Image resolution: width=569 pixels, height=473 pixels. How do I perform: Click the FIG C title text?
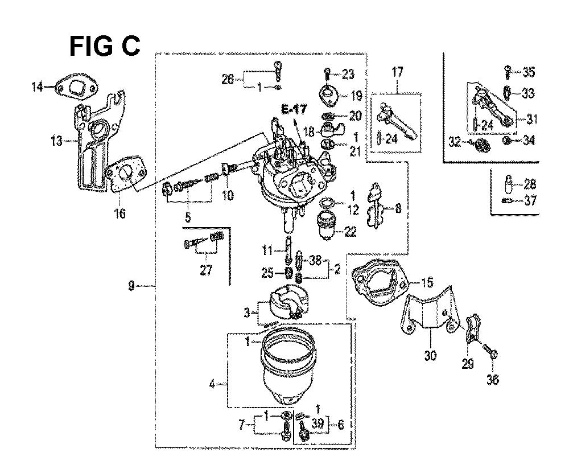pyautogui.click(x=105, y=47)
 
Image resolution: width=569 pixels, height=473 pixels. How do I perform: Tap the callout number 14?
pyautogui.click(x=38, y=87)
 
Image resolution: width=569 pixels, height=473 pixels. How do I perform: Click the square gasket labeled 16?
pyautogui.click(x=127, y=176)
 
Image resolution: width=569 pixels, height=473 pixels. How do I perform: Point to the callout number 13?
pyautogui.click(x=56, y=141)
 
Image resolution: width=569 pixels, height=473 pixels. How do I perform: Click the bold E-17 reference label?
pyautogui.click(x=294, y=109)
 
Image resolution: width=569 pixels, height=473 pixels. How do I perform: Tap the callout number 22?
pyautogui.click(x=350, y=232)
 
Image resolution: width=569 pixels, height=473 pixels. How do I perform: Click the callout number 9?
pyautogui.click(x=131, y=286)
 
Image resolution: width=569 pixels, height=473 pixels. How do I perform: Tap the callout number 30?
pyautogui.click(x=430, y=355)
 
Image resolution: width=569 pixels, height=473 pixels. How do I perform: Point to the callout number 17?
pyautogui.click(x=397, y=72)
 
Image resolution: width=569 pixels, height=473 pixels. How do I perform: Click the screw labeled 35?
pyautogui.click(x=508, y=72)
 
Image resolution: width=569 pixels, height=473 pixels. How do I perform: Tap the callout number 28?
pyautogui.click(x=530, y=184)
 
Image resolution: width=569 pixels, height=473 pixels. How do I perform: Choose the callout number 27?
pyautogui.click(x=206, y=270)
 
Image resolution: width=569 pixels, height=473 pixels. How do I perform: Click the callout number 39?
pyautogui.click(x=318, y=423)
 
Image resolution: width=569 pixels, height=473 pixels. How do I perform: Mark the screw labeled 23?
pyautogui.click(x=327, y=75)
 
